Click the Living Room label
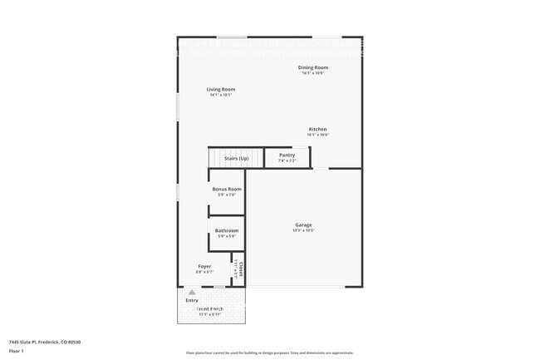click(x=221, y=89)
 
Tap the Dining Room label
click(x=313, y=67)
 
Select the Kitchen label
click(x=318, y=130)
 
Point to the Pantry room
click(x=287, y=157)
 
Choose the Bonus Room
click(x=226, y=192)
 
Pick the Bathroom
click(x=227, y=233)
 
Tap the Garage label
click(x=303, y=224)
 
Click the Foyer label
click(x=204, y=266)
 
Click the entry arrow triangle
click(x=192, y=293)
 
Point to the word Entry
click(x=192, y=300)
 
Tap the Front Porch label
click(x=210, y=308)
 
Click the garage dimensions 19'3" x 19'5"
click(x=303, y=230)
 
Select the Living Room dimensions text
click(x=221, y=95)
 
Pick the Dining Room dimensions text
click(x=313, y=73)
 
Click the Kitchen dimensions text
click(x=318, y=136)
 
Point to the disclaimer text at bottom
click(x=269, y=353)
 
